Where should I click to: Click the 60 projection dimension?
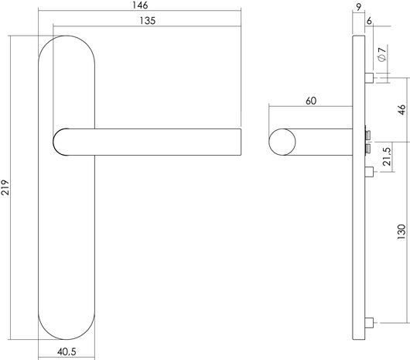(x=310, y=101)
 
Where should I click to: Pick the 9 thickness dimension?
(x=359, y=7)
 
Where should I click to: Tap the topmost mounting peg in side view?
(x=370, y=77)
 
